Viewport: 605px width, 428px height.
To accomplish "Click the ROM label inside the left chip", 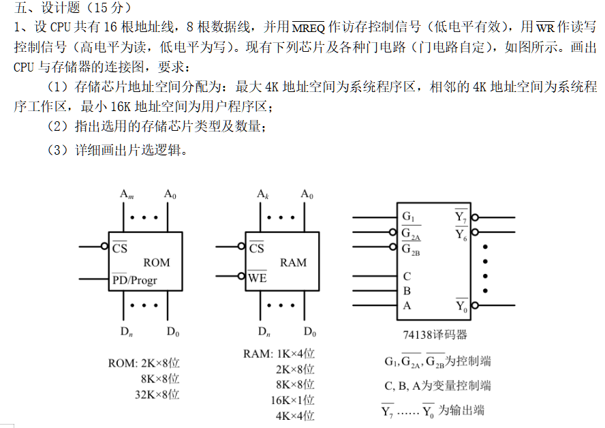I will coord(156,262).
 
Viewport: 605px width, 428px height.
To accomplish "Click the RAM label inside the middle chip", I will coord(293,262).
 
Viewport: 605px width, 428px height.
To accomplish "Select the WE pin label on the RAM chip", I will coord(258,277).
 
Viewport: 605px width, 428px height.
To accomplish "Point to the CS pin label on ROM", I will coord(119,248).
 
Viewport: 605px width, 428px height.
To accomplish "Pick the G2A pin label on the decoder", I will coord(411,234).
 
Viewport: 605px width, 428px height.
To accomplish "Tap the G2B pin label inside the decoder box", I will coord(411,249).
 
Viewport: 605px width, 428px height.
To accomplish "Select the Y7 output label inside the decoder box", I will coord(461,217).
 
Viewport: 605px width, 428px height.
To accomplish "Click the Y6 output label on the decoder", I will coord(461,234).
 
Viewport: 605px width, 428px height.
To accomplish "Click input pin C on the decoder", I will coord(407,276).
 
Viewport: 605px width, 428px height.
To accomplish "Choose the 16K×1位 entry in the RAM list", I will coord(292,400).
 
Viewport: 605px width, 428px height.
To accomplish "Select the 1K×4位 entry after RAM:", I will coord(295,354).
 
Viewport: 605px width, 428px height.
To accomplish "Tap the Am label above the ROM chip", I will coord(126,194).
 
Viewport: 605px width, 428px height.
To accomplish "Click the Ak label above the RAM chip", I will coord(262,194).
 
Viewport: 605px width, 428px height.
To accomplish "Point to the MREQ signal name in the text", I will coord(309,27).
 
